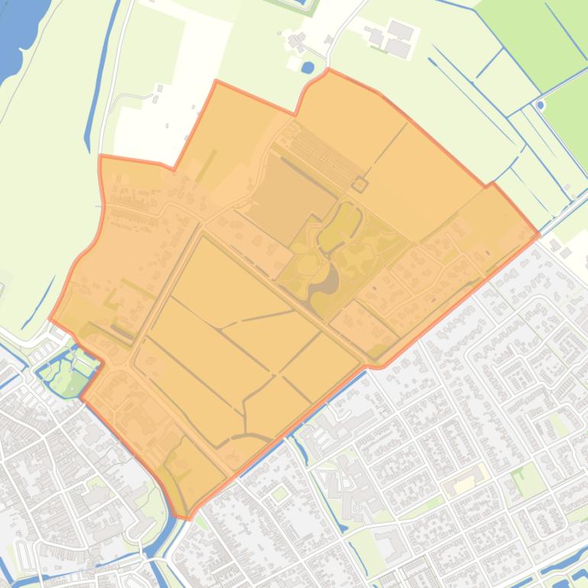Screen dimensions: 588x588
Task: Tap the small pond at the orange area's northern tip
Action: point(307,68)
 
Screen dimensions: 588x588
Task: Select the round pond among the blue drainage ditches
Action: point(541,105)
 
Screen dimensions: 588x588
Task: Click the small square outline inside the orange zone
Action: point(360,184)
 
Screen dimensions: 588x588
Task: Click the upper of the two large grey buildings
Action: point(402,32)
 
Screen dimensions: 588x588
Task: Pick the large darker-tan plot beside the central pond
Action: point(290,187)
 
